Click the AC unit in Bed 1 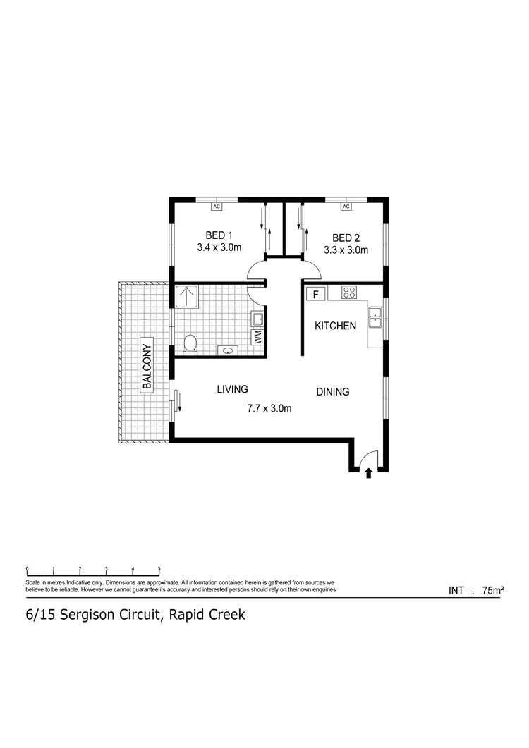point(217,207)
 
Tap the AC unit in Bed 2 point(346,207)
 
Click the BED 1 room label point(219,235)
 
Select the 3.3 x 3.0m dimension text point(346,250)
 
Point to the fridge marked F point(316,293)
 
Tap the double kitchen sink point(375,319)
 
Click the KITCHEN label point(335,326)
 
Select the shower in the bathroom point(187,297)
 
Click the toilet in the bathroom point(189,344)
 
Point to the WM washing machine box point(258,338)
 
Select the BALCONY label point(147,365)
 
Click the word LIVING point(232,388)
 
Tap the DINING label point(332,392)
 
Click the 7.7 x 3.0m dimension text point(269,408)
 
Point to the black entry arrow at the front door point(368,474)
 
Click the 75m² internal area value point(492,591)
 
